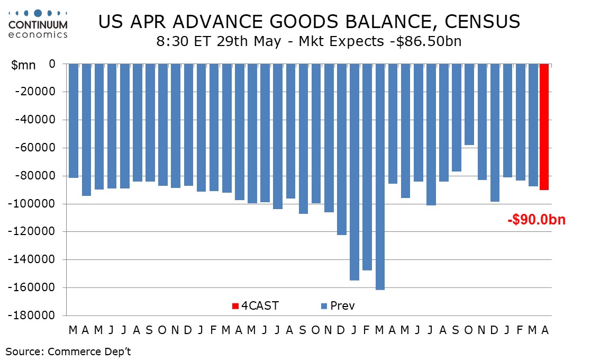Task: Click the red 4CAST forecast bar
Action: click(x=544, y=127)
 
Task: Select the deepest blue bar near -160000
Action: click(x=380, y=177)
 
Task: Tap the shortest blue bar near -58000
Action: click(x=469, y=104)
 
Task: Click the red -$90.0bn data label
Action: click(x=537, y=220)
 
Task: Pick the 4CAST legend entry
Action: click(x=255, y=305)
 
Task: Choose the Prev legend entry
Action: click(x=338, y=305)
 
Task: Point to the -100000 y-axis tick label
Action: click(x=32, y=203)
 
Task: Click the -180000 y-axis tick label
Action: click(x=32, y=316)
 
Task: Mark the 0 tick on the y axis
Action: click(x=52, y=64)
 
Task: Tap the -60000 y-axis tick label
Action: click(x=35, y=148)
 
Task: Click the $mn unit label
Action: click(x=23, y=65)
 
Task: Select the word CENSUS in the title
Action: click(x=483, y=22)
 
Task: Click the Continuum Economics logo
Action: click(x=38, y=24)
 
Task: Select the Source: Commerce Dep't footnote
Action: click(x=68, y=352)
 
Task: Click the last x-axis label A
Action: click(x=545, y=330)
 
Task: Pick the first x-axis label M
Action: click(x=72, y=330)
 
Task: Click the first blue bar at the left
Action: click(x=74, y=121)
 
